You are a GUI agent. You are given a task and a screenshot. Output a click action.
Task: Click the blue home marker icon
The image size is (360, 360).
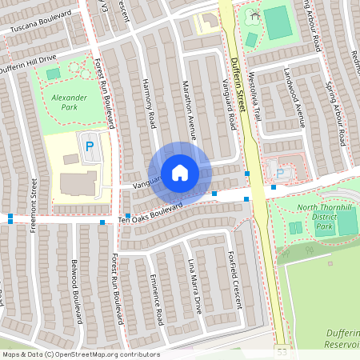pos(180,173)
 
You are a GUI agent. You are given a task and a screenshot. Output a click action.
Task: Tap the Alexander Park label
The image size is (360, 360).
pos(70,101)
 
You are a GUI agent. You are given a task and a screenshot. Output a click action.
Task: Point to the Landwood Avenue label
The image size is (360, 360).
pos(294,97)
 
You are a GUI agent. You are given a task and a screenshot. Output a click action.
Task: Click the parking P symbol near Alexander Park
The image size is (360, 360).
pos(89,146)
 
